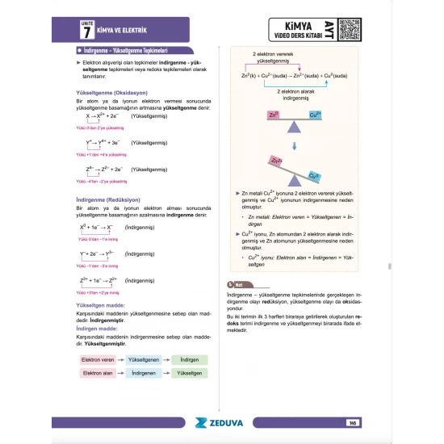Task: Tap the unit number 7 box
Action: [86, 32]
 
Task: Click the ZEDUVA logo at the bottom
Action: [222, 421]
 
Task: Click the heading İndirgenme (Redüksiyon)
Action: [103, 200]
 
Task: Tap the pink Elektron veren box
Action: [96, 359]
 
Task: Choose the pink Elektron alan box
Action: [96, 374]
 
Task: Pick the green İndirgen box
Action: [190, 359]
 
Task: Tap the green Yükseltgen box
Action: [190, 374]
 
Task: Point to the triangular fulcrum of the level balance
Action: [294, 125]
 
